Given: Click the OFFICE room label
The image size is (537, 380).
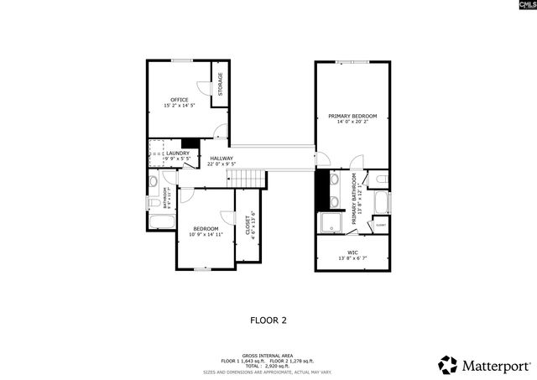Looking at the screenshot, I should pos(178,99).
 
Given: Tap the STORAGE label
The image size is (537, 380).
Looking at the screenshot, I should pos(221,84).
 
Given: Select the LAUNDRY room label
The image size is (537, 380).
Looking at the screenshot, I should pos(177,153).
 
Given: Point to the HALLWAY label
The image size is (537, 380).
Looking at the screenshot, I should pos(222,159).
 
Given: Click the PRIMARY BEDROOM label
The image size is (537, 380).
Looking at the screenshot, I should pos(352,116).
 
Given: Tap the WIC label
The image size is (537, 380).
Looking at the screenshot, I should pos(352,252).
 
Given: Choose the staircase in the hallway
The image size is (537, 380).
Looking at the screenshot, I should pos(248,178).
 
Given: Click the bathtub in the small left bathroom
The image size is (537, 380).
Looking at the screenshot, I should pos(161,222).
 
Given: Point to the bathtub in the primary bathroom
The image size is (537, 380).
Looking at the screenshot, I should pos(382,203).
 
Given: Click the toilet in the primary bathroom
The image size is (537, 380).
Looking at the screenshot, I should pos(379,178).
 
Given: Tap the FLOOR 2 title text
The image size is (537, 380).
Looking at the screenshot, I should pos(268,320).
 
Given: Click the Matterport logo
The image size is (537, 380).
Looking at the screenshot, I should pos(484,365).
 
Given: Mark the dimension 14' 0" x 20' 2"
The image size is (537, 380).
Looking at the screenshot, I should pos(352,122).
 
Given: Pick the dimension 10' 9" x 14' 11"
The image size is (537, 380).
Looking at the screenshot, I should pos(206,235).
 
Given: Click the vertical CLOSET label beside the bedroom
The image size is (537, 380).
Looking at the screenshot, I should pos(248,226).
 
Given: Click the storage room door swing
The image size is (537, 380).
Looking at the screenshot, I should pos(203,89).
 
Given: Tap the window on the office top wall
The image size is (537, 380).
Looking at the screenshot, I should pos(182,60).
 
